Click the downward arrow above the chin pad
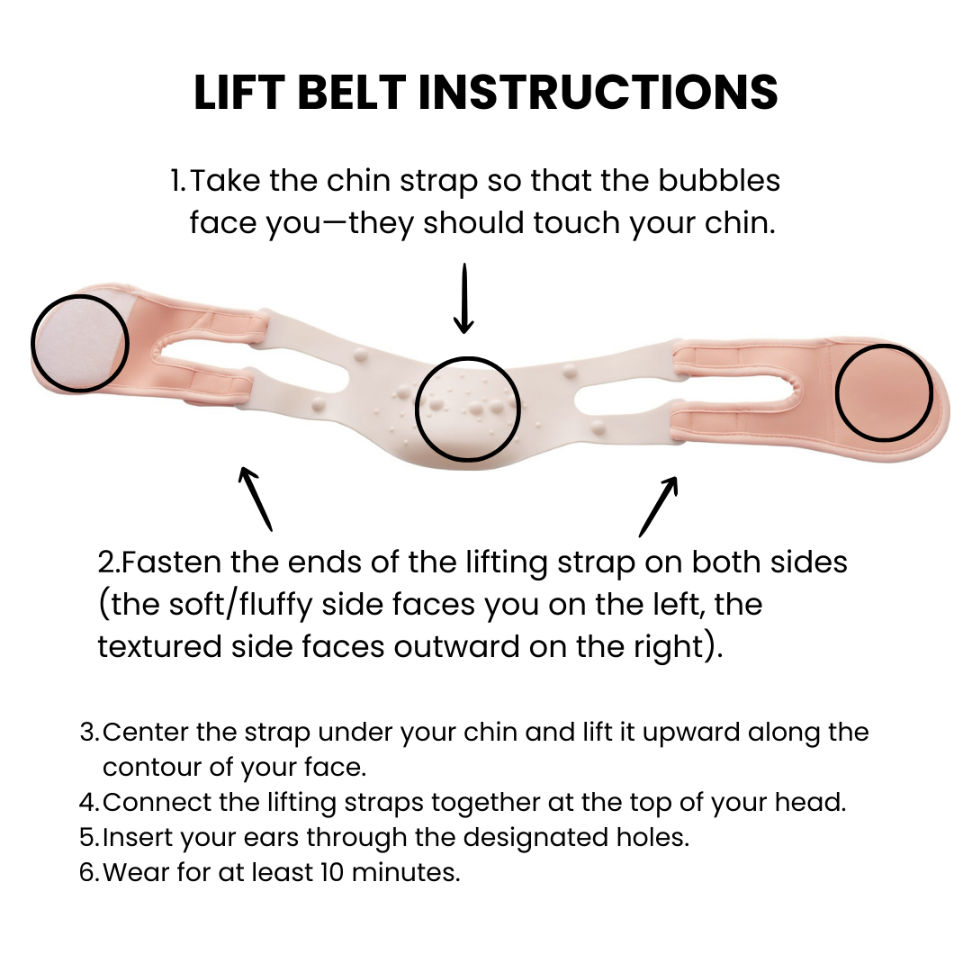pyautogui.click(x=463, y=299)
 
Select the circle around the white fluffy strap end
pyautogui.click(x=80, y=343)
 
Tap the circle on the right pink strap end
pyautogui.click(x=883, y=393)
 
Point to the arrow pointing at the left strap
pyautogui.click(x=255, y=498)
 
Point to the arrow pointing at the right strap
pyautogui.click(x=659, y=506)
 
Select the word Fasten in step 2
pyautogui.click(x=172, y=562)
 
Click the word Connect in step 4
pyautogui.click(x=151, y=802)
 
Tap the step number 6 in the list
pyautogui.click(x=88, y=872)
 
